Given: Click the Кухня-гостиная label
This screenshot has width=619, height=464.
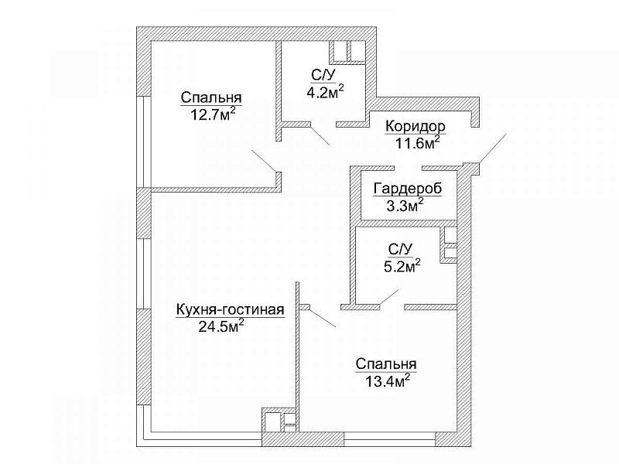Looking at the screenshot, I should point(231,309).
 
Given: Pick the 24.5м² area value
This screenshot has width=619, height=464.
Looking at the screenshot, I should point(221,326).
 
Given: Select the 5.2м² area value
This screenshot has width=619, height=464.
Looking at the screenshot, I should point(402,265).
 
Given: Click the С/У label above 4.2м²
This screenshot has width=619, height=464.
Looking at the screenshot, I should point(323,74).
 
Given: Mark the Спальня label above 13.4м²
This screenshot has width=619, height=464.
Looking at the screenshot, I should point(386,364).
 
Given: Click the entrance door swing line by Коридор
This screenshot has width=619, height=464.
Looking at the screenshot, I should point(491,149).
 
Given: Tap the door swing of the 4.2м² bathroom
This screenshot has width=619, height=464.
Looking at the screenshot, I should point(319,136).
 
